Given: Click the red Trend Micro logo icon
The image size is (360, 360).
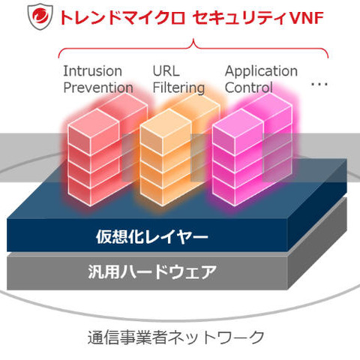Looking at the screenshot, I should [x=39, y=16].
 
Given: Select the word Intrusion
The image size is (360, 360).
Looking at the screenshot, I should [x=91, y=71].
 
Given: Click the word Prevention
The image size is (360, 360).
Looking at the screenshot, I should [x=97, y=88].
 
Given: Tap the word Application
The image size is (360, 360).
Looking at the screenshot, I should [x=261, y=71].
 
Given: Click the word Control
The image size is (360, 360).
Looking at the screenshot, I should [x=249, y=88].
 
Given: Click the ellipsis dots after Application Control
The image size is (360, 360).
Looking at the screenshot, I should [x=319, y=85].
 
